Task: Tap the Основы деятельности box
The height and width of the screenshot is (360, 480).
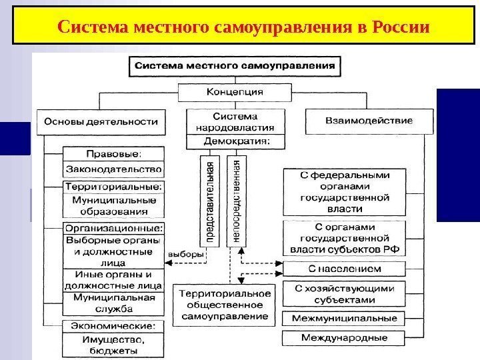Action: (101, 121)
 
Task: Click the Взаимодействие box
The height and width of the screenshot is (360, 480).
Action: (368, 121)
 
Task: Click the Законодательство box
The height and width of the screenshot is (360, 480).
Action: (113, 169)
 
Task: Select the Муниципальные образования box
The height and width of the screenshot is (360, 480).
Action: (113, 206)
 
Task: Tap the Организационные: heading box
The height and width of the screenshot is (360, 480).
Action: (113, 227)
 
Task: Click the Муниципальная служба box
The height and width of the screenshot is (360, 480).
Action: (113, 303)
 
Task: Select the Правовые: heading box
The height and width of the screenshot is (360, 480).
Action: (113, 152)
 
